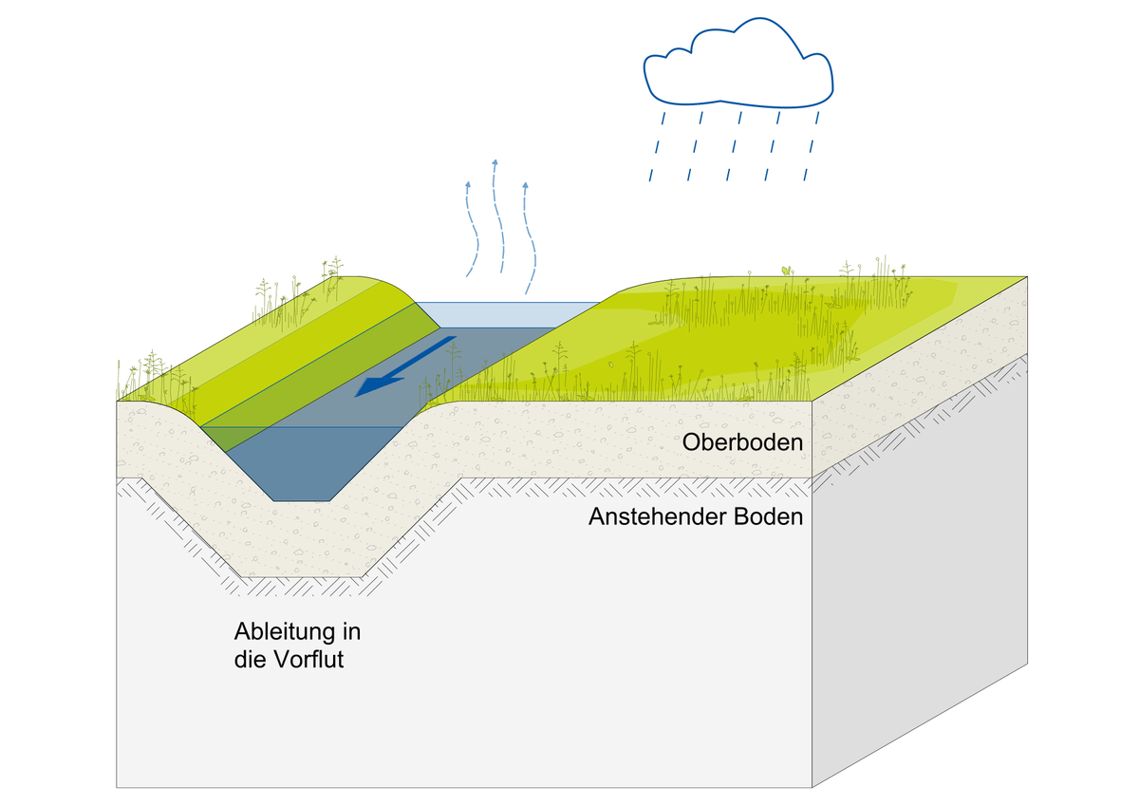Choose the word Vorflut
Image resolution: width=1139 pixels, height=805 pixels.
pyautogui.click(x=309, y=660)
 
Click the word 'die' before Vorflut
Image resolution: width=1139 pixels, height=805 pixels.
pyautogui.click(x=251, y=660)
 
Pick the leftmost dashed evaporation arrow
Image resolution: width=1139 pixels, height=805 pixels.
pyautogui.click(x=469, y=228)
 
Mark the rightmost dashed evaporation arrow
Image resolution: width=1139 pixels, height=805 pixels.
pyautogui.click(x=529, y=237)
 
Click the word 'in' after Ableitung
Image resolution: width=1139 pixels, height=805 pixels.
pyautogui.click(x=350, y=632)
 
